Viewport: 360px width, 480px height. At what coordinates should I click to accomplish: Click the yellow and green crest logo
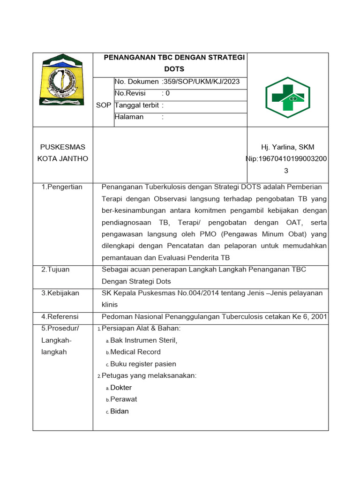tap(63, 81)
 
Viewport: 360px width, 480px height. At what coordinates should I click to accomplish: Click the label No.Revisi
tap(130, 93)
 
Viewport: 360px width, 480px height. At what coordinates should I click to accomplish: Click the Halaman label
tap(129, 117)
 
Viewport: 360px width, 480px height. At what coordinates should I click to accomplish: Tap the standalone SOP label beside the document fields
tap(104, 105)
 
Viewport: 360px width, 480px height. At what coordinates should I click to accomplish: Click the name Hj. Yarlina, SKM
tap(288, 147)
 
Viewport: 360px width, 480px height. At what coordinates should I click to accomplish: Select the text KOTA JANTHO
tap(63, 158)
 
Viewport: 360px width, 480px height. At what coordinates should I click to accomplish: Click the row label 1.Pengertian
tap(62, 187)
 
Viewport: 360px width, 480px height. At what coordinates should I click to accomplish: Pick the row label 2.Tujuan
tap(55, 269)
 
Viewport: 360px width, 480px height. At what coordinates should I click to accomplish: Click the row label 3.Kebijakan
tap(60, 293)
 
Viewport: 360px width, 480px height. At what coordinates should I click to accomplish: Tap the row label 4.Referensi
tap(60, 317)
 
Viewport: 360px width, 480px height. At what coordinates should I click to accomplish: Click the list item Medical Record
tap(135, 352)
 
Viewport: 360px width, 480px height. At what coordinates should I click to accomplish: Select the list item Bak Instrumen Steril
tap(143, 340)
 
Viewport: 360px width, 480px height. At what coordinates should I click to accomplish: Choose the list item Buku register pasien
tap(143, 364)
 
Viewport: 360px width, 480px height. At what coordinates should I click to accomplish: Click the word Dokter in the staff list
tap(121, 388)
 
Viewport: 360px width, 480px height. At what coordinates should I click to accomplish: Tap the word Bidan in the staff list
tap(120, 411)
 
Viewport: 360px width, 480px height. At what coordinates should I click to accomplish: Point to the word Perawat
tap(123, 399)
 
